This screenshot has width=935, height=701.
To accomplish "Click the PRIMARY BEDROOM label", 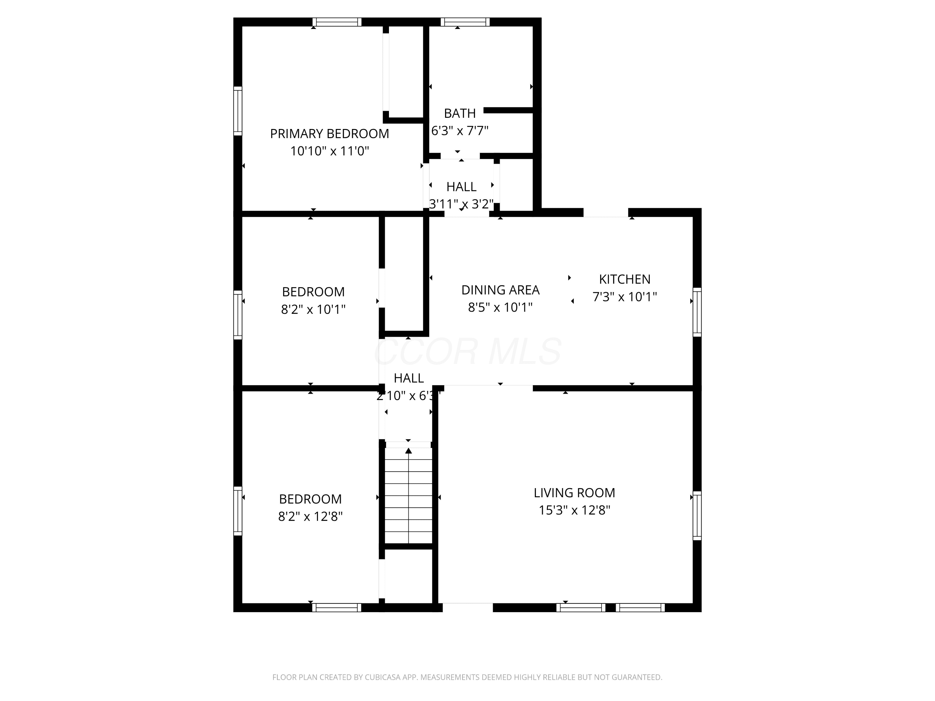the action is pyautogui.click(x=329, y=134).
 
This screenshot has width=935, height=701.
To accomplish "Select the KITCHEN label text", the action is pyautogui.click(x=625, y=279).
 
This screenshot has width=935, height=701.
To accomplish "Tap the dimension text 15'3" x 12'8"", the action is pyautogui.click(x=574, y=510).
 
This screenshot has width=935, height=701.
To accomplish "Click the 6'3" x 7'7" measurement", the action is pyautogui.click(x=460, y=131).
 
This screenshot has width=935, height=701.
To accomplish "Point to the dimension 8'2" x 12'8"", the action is pyautogui.click(x=310, y=516).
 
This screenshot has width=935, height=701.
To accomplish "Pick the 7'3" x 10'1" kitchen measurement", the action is pyautogui.click(x=625, y=297).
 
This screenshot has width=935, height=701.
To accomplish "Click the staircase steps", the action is pyautogui.click(x=409, y=495).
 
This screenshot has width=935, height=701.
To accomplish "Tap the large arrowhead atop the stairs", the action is pyautogui.click(x=409, y=451).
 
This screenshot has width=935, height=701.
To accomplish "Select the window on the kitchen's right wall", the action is pyautogui.click(x=697, y=312).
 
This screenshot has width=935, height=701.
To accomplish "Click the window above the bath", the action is pyautogui.click(x=465, y=22).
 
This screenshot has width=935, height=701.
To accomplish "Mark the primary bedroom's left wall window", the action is pyautogui.click(x=238, y=111).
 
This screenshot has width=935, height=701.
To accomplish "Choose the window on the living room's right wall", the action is pyautogui.click(x=697, y=516).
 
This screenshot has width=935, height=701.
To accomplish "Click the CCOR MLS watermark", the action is pyautogui.click(x=468, y=351).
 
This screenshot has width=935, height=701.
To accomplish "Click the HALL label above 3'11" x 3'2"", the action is pyautogui.click(x=462, y=187).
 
